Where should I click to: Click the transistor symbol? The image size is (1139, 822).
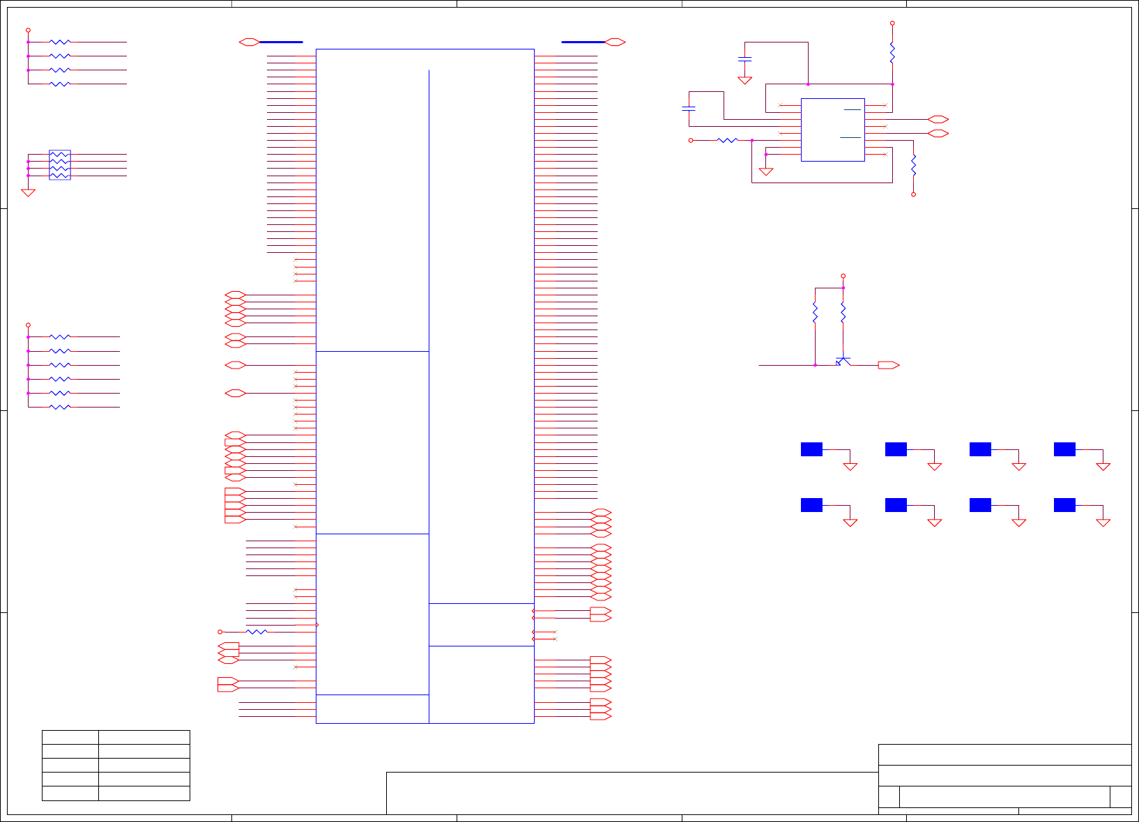coord(843,362)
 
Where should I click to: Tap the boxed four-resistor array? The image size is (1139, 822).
coord(60,165)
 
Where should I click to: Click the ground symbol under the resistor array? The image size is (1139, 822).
coord(28,193)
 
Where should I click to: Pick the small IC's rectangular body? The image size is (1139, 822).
coord(833,130)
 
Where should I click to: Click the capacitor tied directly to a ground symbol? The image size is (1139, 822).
coord(744,59)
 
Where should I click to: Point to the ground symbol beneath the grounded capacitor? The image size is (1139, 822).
coord(744,80)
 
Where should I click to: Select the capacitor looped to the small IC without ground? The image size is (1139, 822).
coord(689,109)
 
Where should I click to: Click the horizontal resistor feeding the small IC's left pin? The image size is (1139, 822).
coord(727,140)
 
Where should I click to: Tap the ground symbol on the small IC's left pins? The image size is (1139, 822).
coord(766,171)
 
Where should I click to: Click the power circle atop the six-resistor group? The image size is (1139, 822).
coord(28,325)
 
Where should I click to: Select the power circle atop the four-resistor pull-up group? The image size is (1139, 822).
coord(28,31)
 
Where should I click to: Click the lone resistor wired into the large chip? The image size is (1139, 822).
coord(257,632)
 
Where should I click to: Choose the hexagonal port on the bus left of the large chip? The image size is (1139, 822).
coord(249,42)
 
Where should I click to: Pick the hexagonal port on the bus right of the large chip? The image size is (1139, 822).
coord(615,42)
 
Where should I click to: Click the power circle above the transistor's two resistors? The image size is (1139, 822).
coord(843,276)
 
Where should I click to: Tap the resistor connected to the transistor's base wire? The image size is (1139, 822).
coord(815,312)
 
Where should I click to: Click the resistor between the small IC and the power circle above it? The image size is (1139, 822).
coord(892,53)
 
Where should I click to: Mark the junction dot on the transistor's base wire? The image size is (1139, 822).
coord(815,365)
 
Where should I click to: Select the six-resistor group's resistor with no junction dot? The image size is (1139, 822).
coord(60,407)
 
